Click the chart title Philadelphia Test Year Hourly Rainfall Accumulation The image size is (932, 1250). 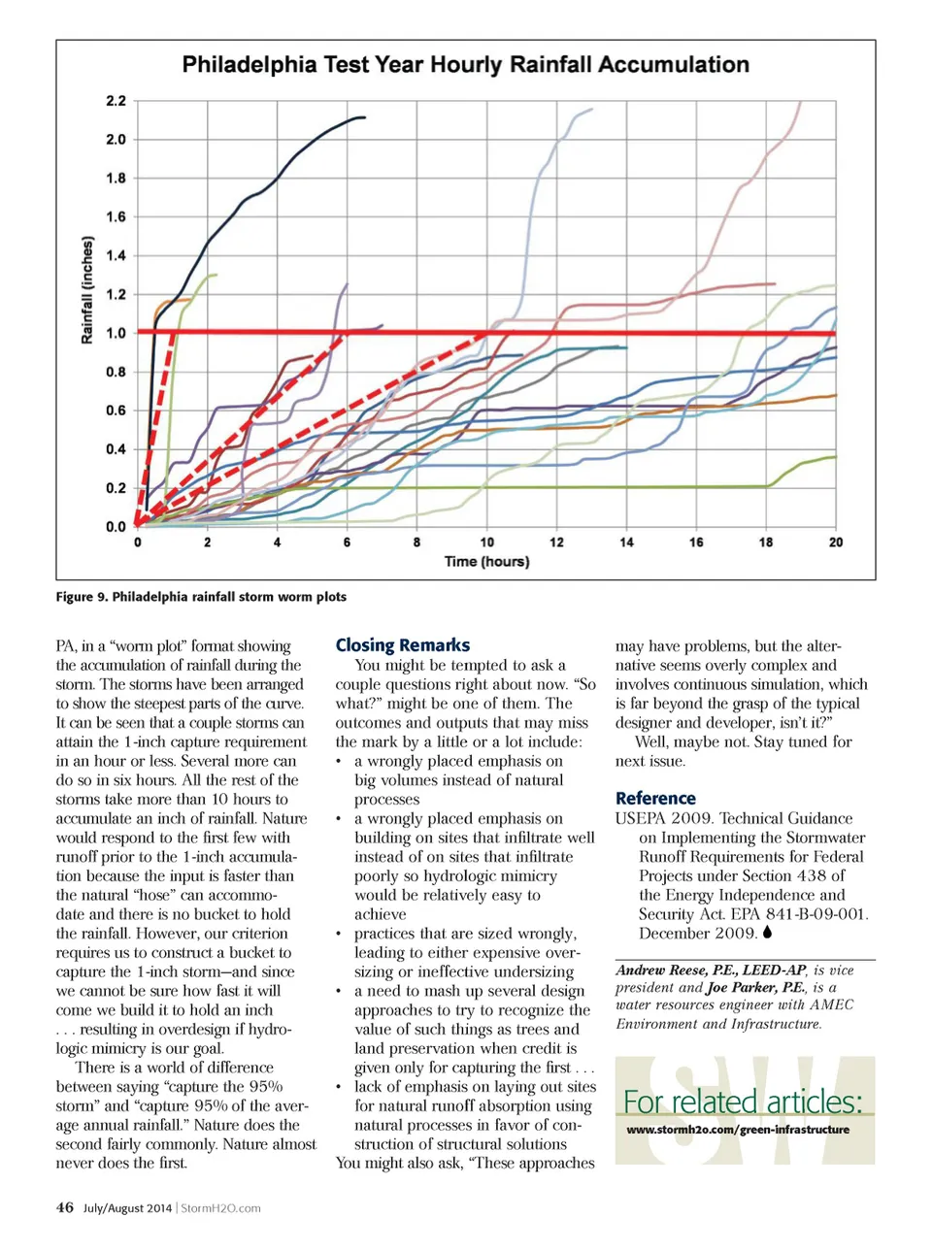point(465,65)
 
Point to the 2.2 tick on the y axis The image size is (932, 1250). point(116,101)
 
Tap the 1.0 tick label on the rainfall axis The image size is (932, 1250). point(116,333)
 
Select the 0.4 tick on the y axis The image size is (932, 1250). point(116,449)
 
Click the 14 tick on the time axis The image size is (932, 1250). point(626,543)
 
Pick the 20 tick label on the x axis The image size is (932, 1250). point(836,543)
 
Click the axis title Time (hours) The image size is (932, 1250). point(486,561)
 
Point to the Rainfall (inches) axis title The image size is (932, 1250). point(87,289)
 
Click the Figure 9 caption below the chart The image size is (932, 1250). point(201,597)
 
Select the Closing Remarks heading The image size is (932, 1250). point(402,645)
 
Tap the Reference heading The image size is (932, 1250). point(655,799)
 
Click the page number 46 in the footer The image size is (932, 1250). point(64,1208)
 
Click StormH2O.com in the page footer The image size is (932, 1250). point(220,1208)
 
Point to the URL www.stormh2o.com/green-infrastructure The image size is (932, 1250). point(738,1130)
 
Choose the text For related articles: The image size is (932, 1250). point(743,1102)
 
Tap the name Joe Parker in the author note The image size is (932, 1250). point(742,988)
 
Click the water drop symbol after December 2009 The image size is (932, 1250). point(767,934)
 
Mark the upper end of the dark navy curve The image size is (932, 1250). point(364,117)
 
